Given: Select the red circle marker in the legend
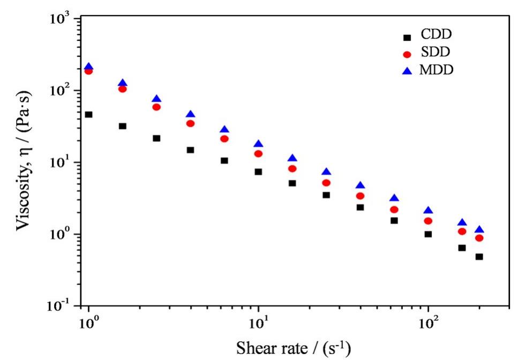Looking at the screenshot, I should coord(407,54).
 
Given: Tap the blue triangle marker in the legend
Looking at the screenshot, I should coord(407,70).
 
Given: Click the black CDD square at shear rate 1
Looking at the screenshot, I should coord(89,115).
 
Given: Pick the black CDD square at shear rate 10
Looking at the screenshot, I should coord(258,172).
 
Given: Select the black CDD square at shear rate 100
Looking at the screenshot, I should coord(428,234).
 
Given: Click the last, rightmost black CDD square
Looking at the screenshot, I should coord(479,257).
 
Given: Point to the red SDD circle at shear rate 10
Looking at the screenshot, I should coord(258,154).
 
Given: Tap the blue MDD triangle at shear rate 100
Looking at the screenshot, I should coord(428,211).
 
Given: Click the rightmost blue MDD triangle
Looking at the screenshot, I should coord(479,229).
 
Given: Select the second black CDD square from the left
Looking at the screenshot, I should coord(123,126).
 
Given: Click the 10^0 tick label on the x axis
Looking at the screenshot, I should coord(88,325).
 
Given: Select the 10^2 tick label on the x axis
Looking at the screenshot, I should coord(428,325).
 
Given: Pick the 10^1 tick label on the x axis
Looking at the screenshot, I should coord(258,325).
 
